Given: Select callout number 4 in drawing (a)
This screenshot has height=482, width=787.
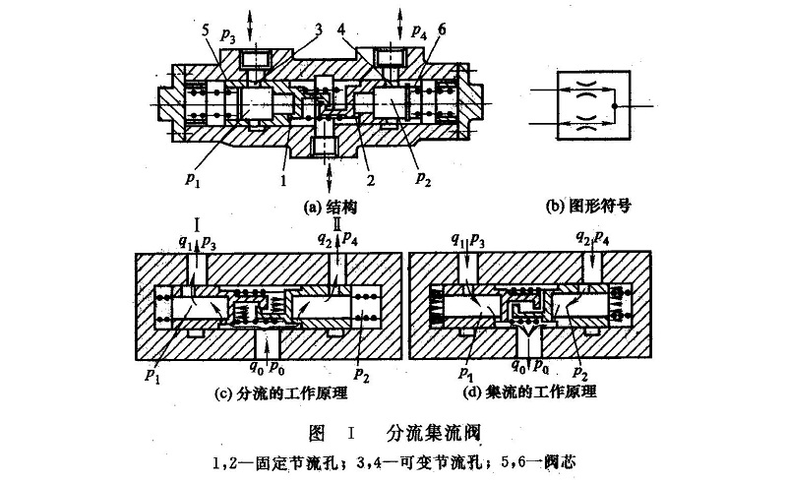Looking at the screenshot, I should pos(340,30).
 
